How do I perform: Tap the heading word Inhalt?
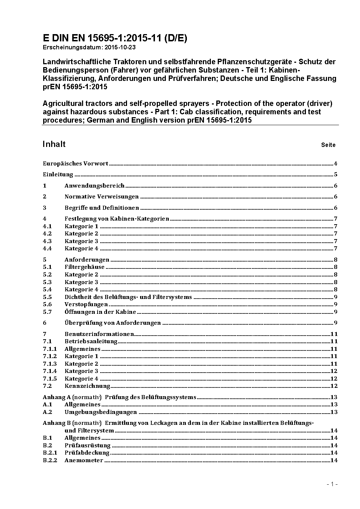[54, 144]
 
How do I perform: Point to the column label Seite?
[328, 145]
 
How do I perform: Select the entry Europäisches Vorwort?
[75, 164]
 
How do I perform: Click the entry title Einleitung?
[58, 175]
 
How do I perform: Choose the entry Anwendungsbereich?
[94, 186]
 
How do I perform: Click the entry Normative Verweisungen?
[102, 197]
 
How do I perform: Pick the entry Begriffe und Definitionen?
[102, 208]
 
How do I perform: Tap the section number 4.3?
[47, 241]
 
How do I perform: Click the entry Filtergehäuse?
[84, 267]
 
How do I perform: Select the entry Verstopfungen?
[86, 304]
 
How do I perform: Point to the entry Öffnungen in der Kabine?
[100, 312]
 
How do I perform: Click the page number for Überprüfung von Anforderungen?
[336, 323]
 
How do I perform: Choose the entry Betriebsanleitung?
[91, 341]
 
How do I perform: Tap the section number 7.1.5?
[50, 379]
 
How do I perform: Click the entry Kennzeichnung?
[87, 386]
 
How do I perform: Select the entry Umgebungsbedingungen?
[101, 412]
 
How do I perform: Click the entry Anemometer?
[83, 460]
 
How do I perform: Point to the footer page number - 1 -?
[332, 484]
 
